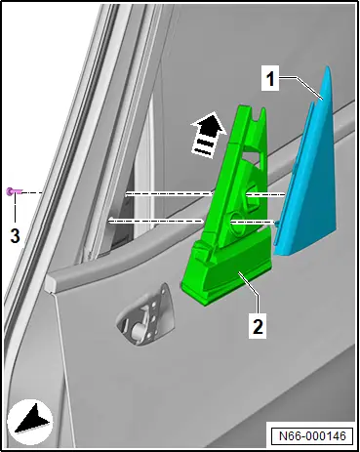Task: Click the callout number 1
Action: click(270, 79)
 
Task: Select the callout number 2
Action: click(258, 326)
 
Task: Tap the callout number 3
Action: click(15, 235)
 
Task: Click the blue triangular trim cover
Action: click(309, 169)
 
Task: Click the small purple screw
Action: click(13, 192)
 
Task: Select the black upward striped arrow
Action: click(208, 135)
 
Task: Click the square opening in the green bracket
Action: click(253, 193)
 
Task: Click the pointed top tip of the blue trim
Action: click(328, 67)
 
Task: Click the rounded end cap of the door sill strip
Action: click(52, 282)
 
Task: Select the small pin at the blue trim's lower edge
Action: click(277, 223)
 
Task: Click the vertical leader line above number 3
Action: click(15, 210)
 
